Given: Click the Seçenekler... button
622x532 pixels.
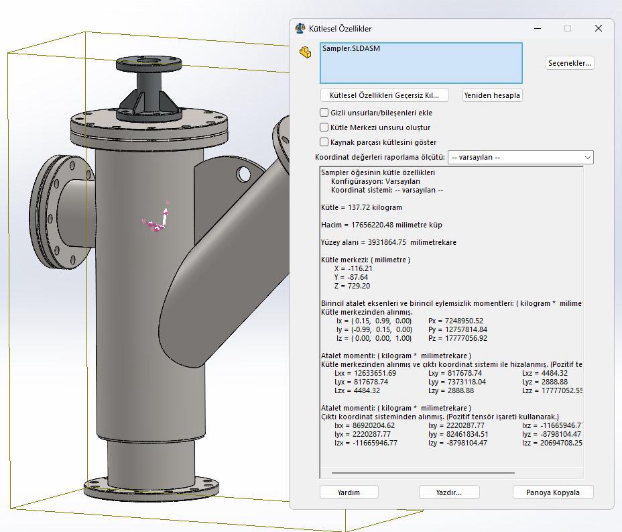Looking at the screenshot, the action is [570, 63].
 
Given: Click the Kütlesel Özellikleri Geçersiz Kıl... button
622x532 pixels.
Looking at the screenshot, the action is [384, 95].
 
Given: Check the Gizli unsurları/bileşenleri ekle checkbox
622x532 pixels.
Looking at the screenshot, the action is [324, 113].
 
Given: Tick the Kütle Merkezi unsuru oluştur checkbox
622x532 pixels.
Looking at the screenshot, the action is [324, 127].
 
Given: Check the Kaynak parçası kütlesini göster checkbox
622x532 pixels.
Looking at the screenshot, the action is [324, 142].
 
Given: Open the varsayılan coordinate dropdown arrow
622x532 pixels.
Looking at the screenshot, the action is [588, 157].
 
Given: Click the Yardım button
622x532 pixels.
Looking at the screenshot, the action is [349, 492].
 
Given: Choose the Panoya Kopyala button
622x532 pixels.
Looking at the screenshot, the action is [553, 492].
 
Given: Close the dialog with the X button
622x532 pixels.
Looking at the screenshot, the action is [599, 28].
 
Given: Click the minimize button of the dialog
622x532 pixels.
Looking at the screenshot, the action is [538, 28].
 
